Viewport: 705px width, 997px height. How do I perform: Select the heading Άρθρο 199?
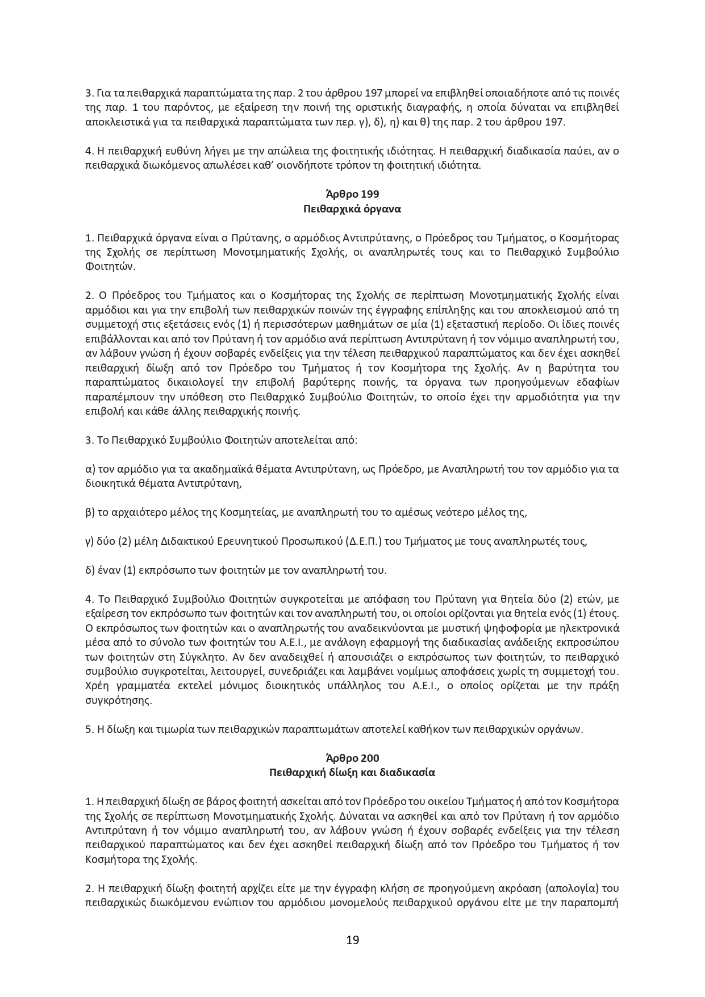(x=352, y=194)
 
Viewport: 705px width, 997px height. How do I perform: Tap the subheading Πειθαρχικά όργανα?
(x=352, y=208)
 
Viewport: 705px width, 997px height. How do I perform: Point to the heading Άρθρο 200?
(x=352, y=758)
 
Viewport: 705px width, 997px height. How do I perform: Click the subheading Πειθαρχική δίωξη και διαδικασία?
(x=352, y=773)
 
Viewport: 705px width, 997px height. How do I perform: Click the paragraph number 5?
(x=88, y=729)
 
